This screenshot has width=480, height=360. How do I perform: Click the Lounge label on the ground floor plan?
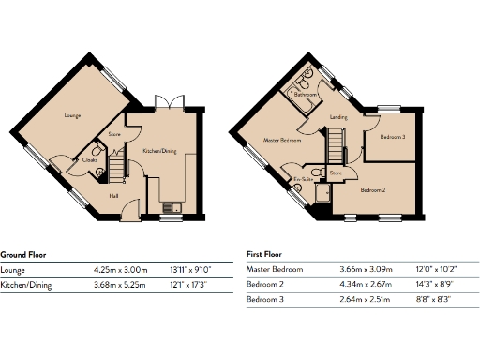click(71, 116)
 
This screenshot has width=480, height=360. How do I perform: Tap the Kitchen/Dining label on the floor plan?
click(158, 150)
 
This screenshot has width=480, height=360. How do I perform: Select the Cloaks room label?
click(91, 159)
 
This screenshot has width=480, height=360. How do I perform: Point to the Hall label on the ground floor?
click(113, 196)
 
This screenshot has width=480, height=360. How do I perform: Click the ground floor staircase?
click(117, 170)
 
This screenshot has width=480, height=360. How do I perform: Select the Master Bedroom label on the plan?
click(282, 140)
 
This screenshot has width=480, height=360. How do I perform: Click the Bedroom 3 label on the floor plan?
click(392, 137)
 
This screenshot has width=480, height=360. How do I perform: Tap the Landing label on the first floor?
click(339, 117)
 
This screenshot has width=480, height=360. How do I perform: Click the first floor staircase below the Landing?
click(335, 144)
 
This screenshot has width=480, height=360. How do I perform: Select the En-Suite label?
click(302, 178)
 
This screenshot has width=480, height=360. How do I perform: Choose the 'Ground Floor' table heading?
click(24, 254)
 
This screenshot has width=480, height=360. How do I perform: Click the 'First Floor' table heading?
click(264, 254)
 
